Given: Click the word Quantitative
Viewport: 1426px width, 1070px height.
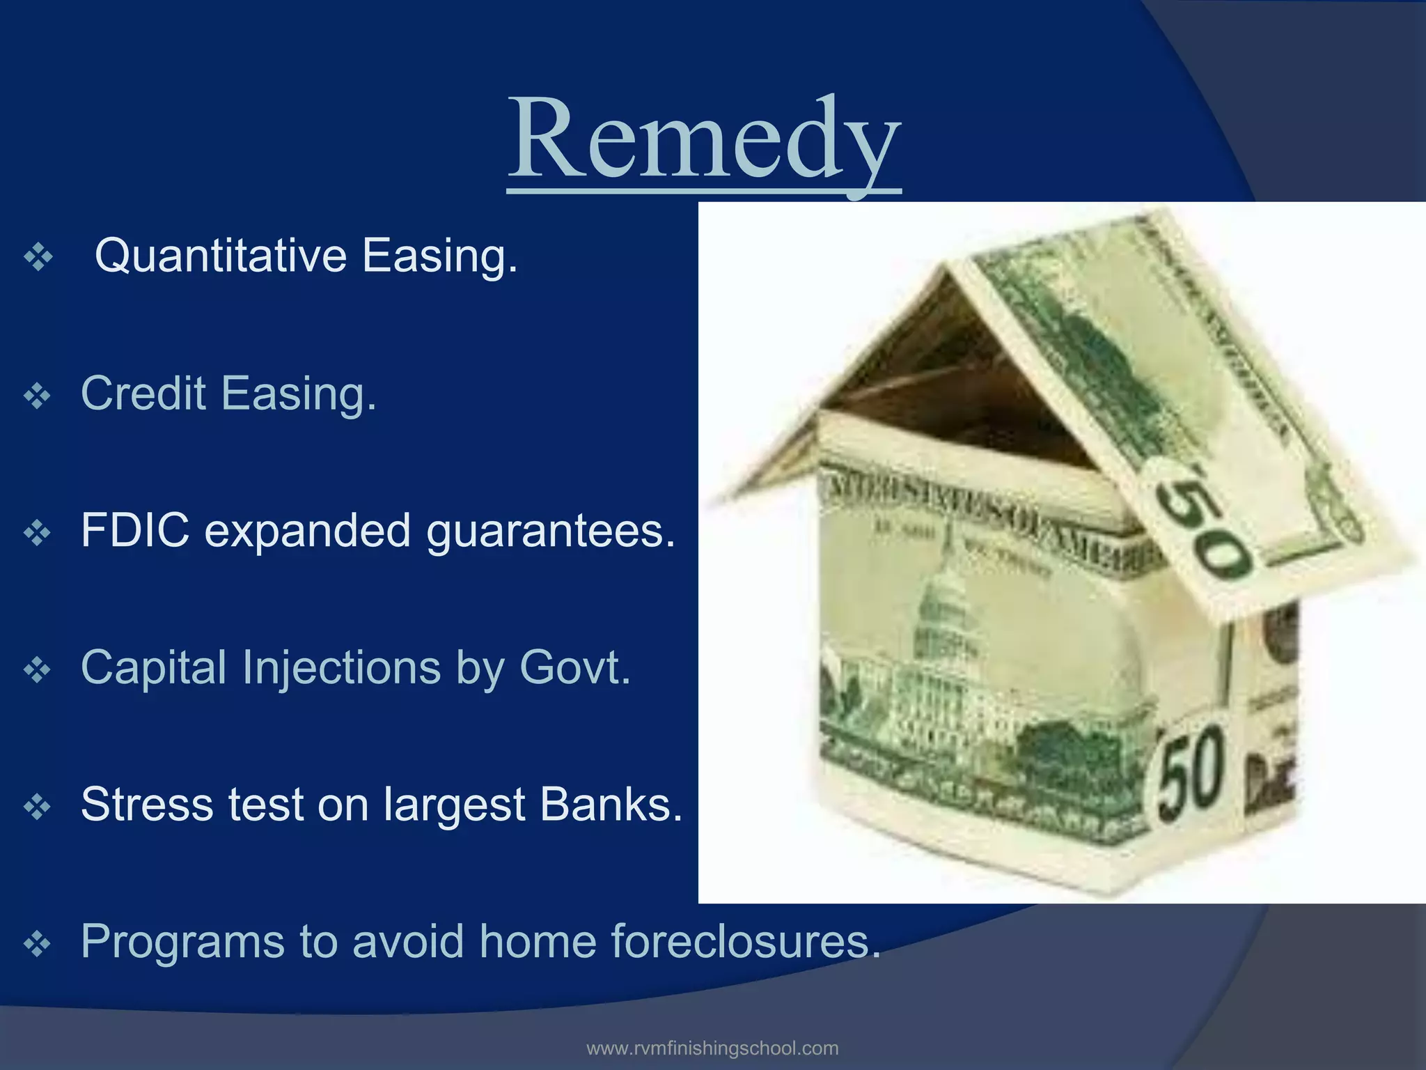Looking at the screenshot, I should click(220, 256).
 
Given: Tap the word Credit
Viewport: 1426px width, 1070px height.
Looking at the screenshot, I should click(143, 394).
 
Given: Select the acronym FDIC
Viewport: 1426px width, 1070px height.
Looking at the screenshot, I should click(134, 531).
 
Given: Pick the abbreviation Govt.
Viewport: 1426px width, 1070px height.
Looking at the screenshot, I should click(574, 667).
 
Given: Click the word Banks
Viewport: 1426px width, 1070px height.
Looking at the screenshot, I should click(611, 805).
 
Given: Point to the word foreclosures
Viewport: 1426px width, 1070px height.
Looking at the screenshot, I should click(745, 941).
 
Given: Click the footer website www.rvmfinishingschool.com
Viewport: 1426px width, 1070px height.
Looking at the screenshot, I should click(712, 1048).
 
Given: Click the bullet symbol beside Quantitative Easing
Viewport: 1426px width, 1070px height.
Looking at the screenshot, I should click(38, 258).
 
